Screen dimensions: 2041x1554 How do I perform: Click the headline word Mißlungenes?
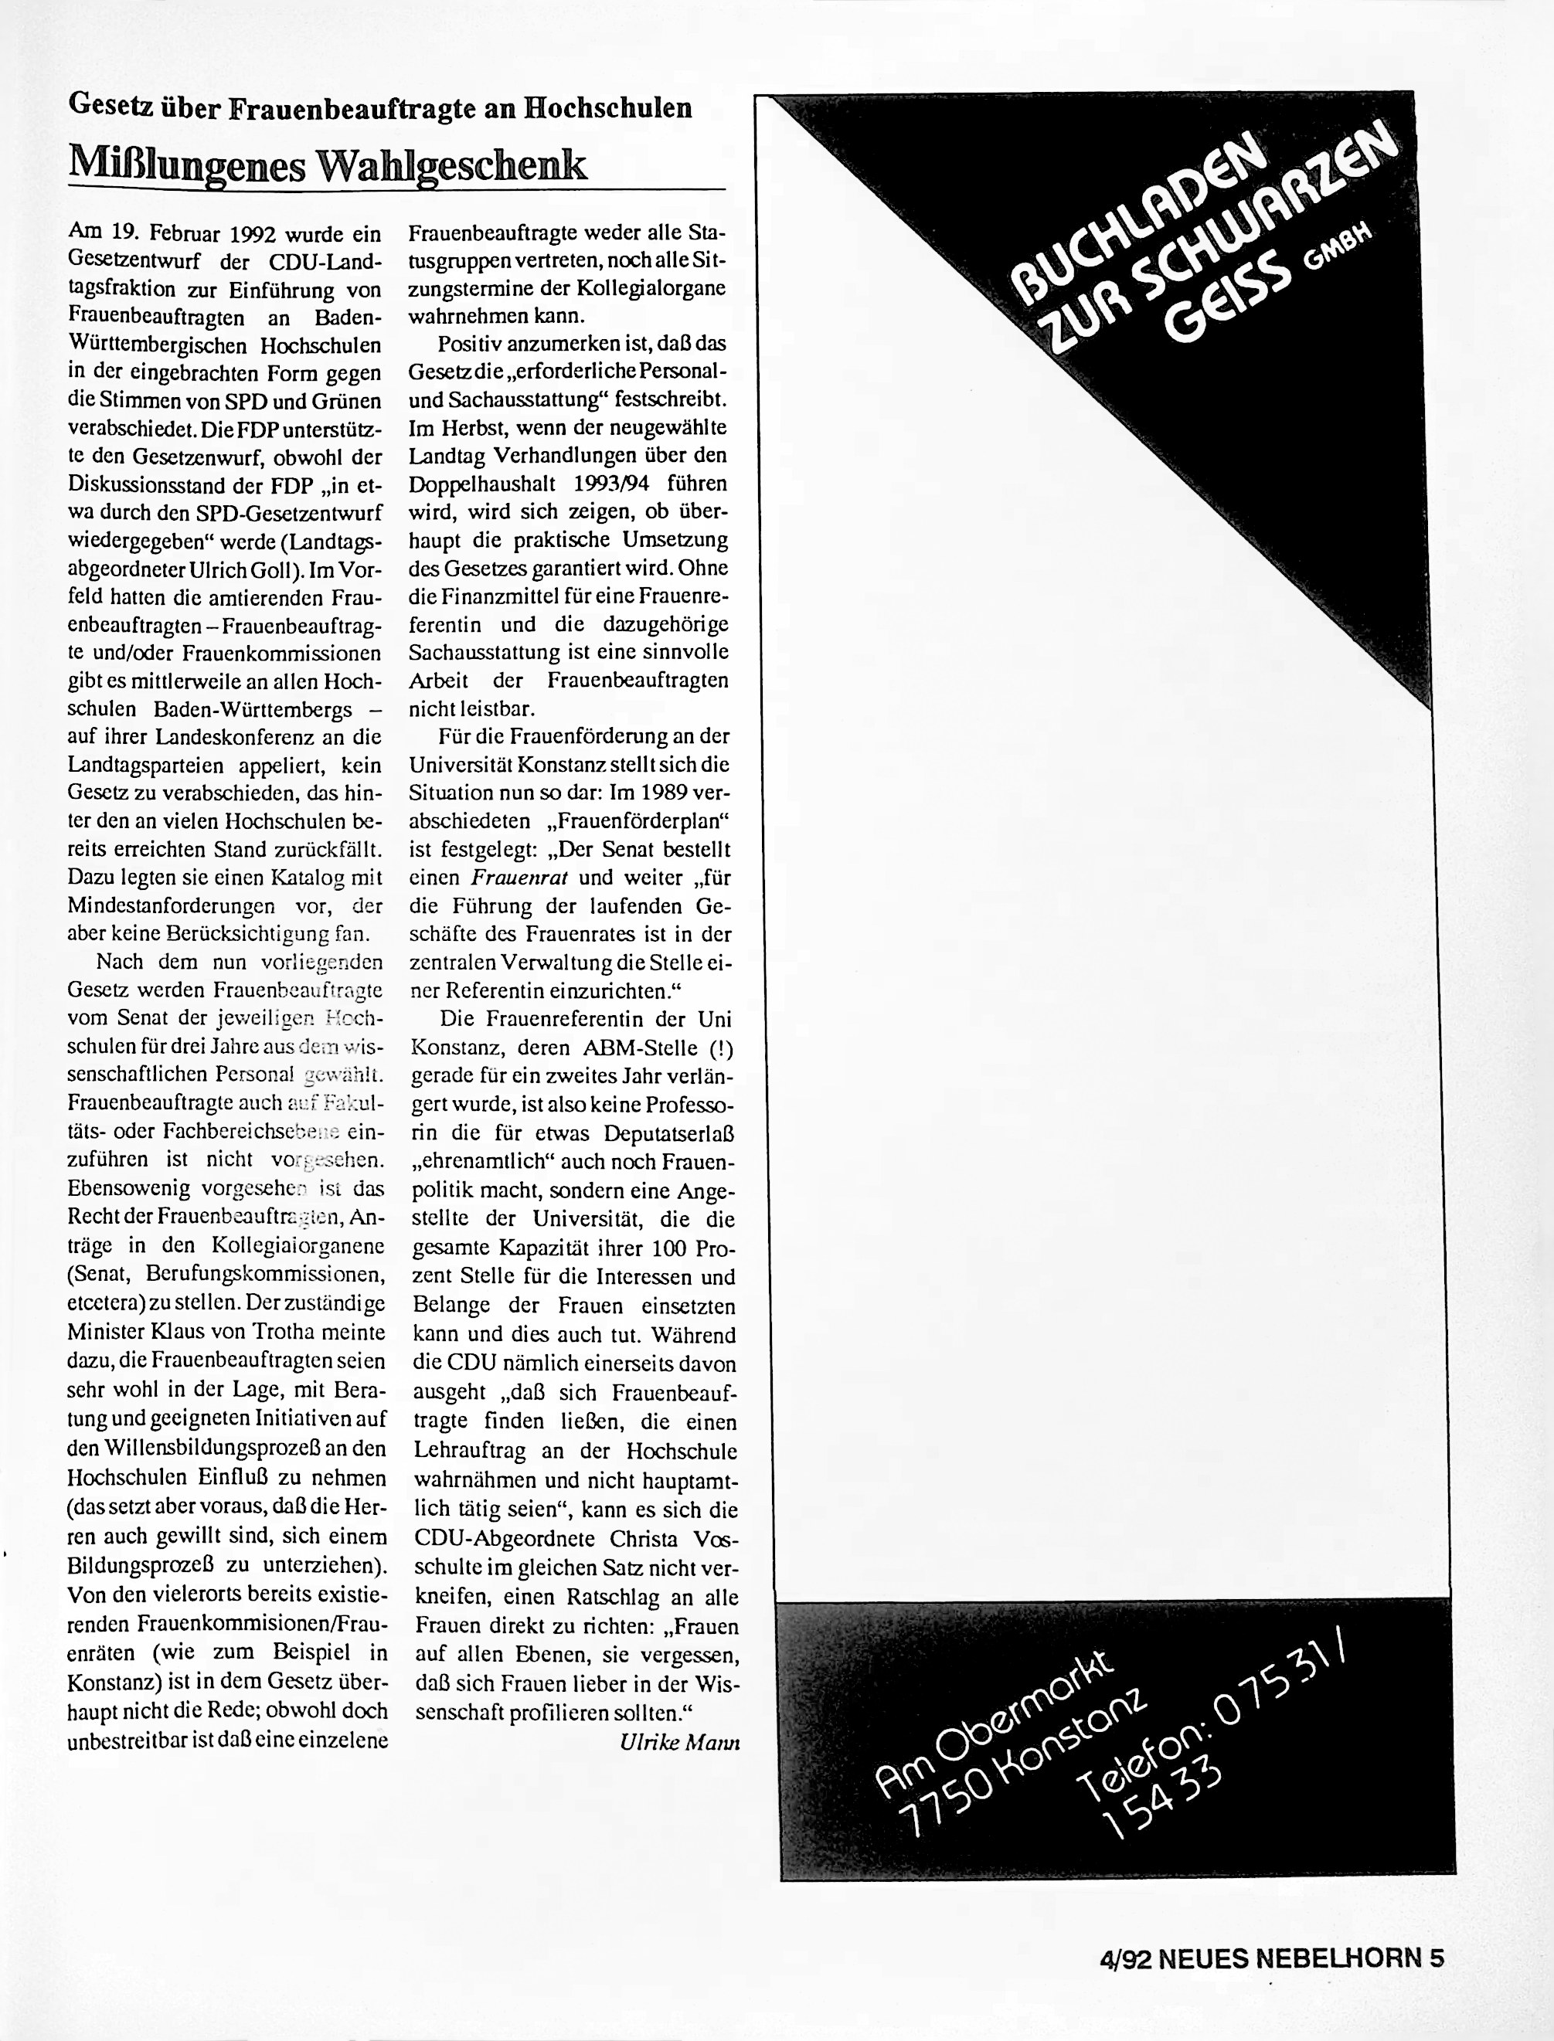187,165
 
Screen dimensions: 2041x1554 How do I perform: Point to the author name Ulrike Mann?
680,1742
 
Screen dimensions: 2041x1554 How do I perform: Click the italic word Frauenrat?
513,878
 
